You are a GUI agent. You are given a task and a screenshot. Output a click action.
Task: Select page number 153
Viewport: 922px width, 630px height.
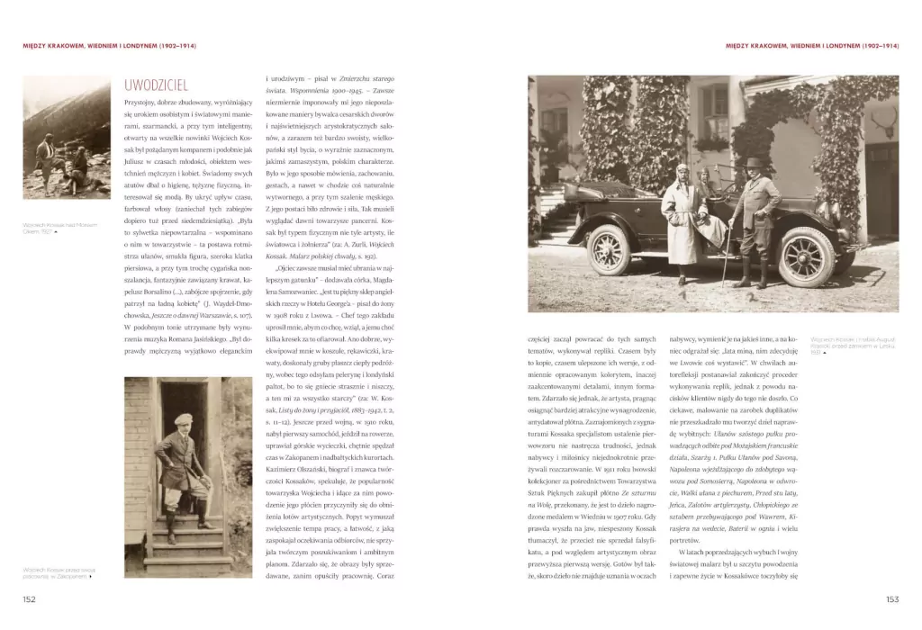[892, 598]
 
